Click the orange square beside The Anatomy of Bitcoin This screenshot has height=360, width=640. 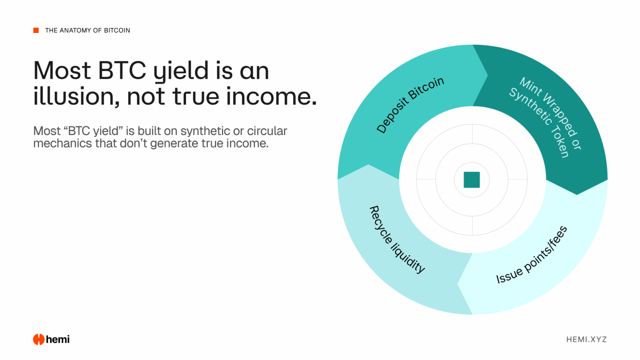point(36,30)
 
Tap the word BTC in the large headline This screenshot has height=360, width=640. point(122,70)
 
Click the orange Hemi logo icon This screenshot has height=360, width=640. point(39,340)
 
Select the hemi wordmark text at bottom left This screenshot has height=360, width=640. point(58,340)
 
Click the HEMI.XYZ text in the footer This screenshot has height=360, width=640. point(586,340)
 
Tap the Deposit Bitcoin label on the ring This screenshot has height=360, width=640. point(410,105)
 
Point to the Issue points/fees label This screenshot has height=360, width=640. point(532,255)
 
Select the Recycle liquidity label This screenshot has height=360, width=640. point(397,240)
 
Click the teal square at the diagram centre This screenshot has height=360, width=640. point(472,180)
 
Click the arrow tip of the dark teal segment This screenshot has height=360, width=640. point(577,194)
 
